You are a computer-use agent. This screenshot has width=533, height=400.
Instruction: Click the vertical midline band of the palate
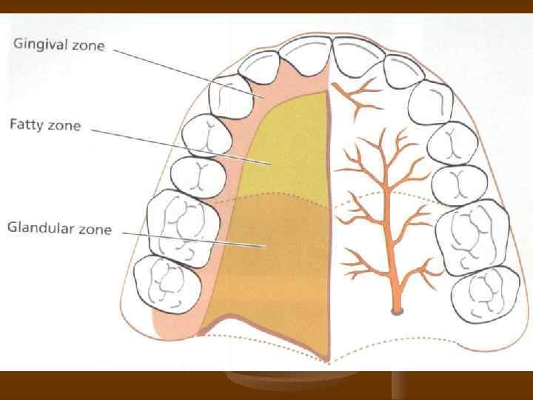(x=329, y=222)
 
